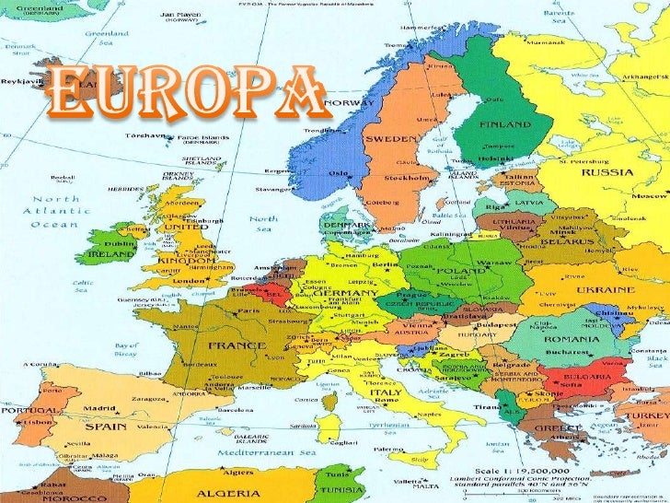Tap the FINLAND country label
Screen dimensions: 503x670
(x=503, y=123)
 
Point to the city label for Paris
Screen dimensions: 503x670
(x=248, y=311)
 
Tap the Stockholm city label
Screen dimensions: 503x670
(x=406, y=176)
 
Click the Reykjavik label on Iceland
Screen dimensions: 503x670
(x=18, y=80)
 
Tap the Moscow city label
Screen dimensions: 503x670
(x=651, y=197)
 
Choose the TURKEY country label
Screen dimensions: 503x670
(x=648, y=416)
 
